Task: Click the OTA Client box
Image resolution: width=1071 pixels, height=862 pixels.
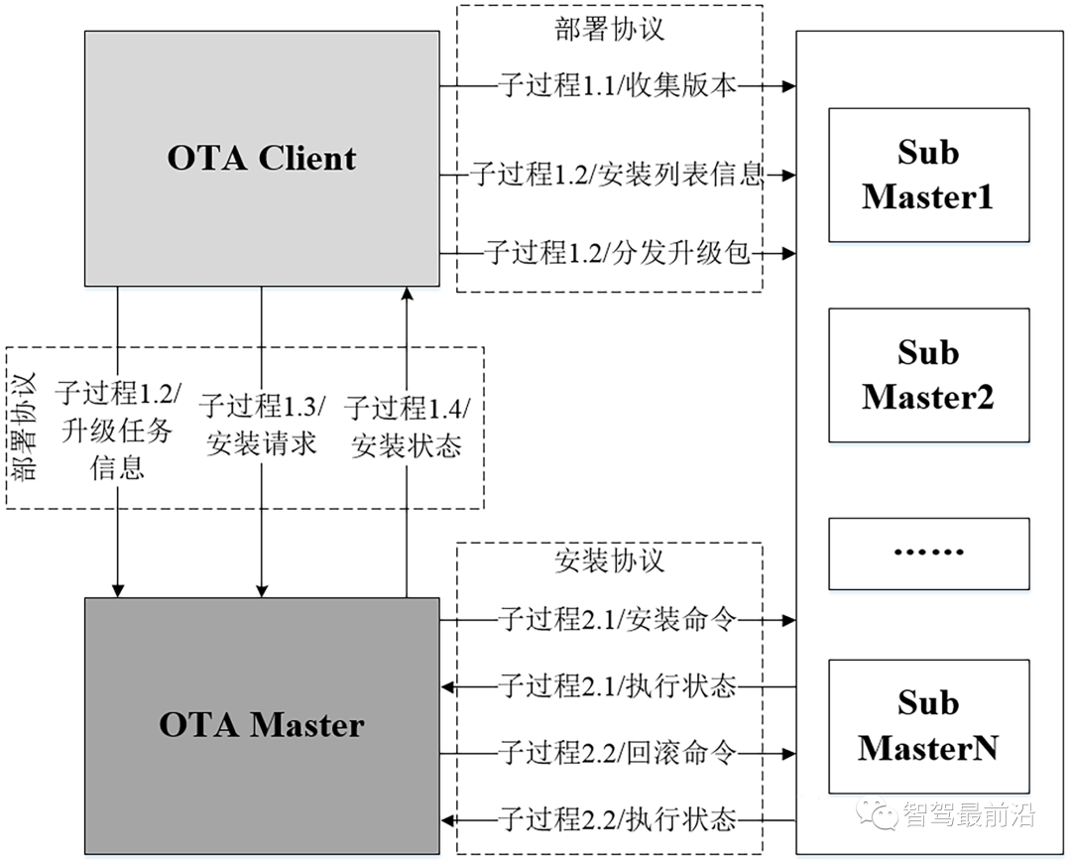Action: click(x=262, y=159)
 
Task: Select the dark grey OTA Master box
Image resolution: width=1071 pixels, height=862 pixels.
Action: click(x=262, y=725)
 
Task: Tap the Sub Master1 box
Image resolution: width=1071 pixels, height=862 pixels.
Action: click(x=928, y=175)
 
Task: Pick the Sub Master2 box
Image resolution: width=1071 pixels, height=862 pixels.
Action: click(x=928, y=375)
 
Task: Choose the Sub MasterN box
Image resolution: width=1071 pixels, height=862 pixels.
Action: click(x=928, y=726)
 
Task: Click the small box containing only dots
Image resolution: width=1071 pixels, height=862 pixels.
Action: click(x=928, y=553)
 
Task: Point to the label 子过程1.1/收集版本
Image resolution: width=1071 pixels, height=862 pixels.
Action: click(x=617, y=86)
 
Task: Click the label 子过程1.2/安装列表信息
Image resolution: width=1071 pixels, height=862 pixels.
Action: click(x=617, y=176)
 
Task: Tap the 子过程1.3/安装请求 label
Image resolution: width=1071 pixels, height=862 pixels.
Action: click(x=262, y=425)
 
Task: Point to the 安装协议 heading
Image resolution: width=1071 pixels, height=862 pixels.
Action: click(x=609, y=561)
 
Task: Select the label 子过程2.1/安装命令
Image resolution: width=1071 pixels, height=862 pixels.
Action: click(x=617, y=621)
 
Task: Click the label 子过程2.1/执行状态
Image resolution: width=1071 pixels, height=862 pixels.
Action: click(x=617, y=685)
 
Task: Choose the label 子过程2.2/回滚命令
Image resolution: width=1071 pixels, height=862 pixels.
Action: click(x=617, y=753)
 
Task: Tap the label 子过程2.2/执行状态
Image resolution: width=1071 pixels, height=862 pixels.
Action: click(x=617, y=820)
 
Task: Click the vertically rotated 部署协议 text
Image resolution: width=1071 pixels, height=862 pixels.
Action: click(x=26, y=427)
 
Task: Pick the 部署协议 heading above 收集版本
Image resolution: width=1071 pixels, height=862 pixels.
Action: click(x=609, y=28)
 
